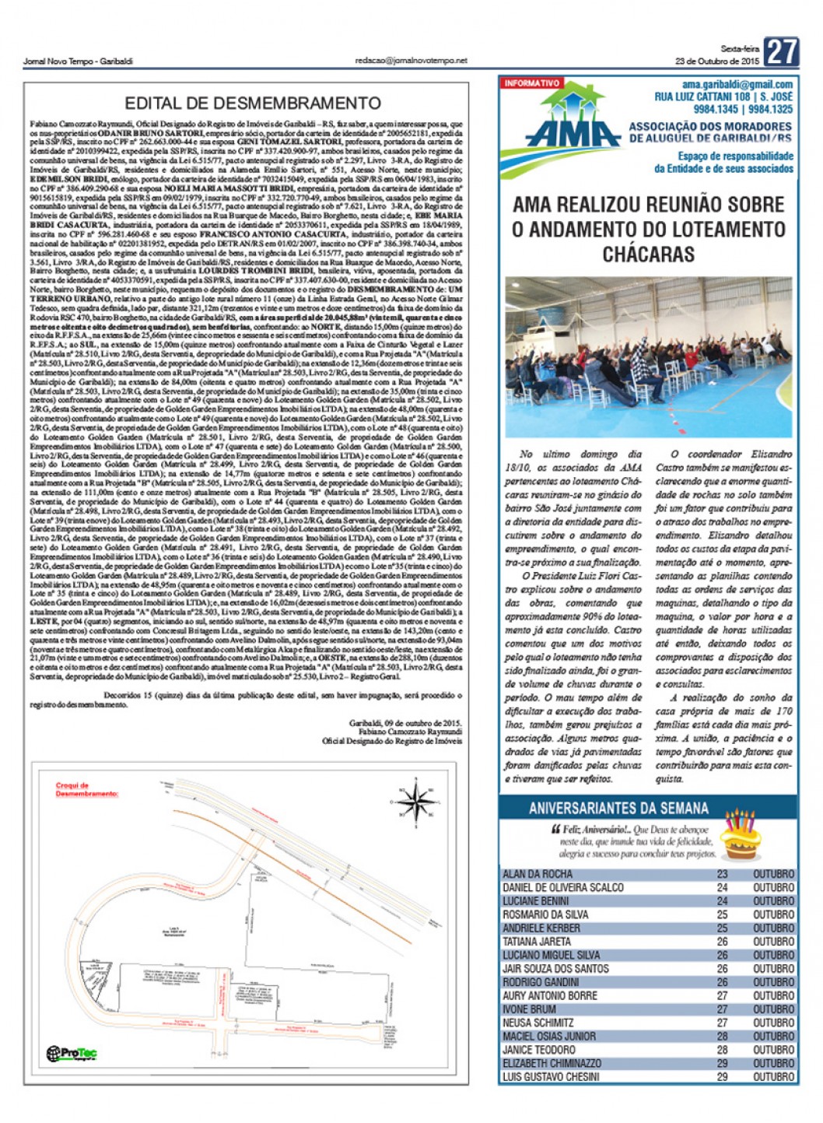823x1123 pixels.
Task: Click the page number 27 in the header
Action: (x=781, y=52)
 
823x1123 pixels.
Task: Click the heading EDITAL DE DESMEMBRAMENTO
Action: (x=253, y=104)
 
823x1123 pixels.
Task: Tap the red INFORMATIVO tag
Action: (x=532, y=83)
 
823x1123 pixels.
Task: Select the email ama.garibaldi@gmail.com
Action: (x=737, y=85)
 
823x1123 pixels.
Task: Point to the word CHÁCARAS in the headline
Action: (x=648, y=254)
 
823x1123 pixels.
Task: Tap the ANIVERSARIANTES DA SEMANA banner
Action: (x=618, y=808)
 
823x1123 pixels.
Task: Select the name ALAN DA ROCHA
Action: (x=538, y=874)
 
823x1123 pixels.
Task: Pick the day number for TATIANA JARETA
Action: (x=723, y=942)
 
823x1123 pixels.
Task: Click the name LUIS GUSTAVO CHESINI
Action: (x=551, y=1077)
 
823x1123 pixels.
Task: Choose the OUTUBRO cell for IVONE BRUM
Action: (x=773, y=1009)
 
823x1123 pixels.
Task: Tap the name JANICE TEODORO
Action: (x=538, y=1050)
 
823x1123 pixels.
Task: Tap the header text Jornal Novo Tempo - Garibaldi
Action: (x=78, y=61)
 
